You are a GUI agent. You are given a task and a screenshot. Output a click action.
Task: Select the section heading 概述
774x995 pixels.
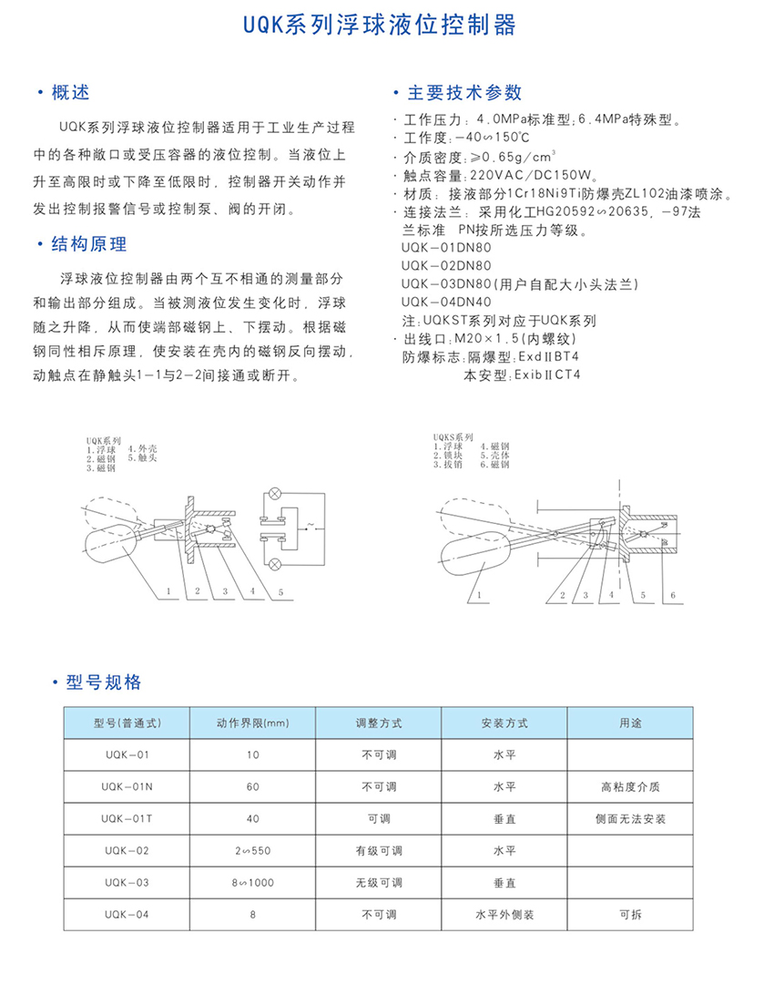pyautogui.click(x=70, y=92)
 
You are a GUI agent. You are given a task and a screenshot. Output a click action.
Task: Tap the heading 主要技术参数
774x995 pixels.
pyautogui.click(x=463, y=92)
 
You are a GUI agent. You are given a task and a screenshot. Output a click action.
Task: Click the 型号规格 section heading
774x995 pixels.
pyautogui.click(x=104, y=682)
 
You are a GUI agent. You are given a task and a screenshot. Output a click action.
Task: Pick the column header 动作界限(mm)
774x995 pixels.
pyautogui.click(x=252, y=723)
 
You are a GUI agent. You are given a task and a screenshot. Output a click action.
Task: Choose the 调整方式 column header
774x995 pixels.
pyautogui.click(x=378, y=723)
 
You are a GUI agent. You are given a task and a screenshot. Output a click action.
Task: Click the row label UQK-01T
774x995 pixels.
pyautogui.click(x=127, y=818)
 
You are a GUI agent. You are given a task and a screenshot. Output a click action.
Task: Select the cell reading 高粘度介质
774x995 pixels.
pyautogui.click(x=630, y=786)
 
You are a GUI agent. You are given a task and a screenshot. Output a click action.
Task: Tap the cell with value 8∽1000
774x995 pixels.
pyautogui.click(x=252, y=882)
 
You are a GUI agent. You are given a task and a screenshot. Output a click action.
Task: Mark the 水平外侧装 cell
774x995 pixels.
pyautogui.click(x=504, y=914)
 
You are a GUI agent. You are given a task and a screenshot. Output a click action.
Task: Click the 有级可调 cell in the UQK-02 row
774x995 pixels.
pyautogui.click(x=378, y=850)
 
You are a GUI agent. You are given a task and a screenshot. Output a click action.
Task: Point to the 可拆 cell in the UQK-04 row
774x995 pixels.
pyautogui.click(x=630, y=914)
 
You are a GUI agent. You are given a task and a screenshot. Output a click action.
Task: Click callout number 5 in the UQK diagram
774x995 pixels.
pyautogui.click(x=281, y=592)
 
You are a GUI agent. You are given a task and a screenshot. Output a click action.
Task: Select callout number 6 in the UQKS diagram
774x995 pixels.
pyautogui.click(x=674, y=595)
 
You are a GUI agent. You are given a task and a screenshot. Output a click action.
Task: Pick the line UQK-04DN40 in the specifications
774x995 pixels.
pyautogui.click(x=445, y=302)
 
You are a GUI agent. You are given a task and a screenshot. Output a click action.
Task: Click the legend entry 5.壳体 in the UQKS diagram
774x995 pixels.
pyautogui.click(x=501, y=455)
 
